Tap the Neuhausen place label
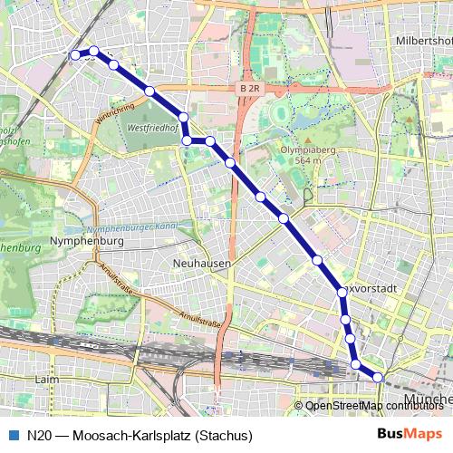(x=201, y=263)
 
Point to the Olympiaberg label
(x=303, y=148)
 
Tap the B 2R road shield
(x=250, y=89)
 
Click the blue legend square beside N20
(x=12, y=435)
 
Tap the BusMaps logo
(x=410, y=434)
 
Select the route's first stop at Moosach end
(x=75, y=54)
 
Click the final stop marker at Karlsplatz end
(x=378, y=377)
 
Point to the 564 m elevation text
(x=301, y=160)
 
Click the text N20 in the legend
(x=41, y=435)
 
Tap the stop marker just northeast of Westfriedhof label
(x=184, y=117)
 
